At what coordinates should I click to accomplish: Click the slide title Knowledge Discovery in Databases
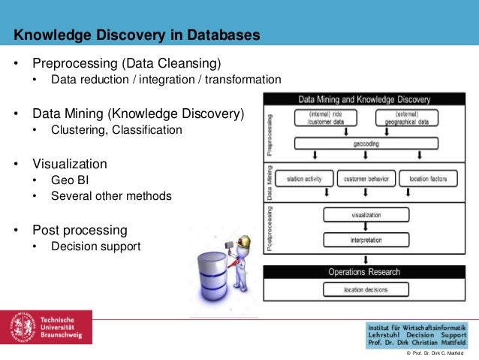[x=137, y=35]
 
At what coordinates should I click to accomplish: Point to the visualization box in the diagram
[x=366, y=214]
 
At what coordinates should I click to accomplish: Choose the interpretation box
[x=366, y=240]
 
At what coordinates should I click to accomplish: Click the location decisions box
[x=365, y=289]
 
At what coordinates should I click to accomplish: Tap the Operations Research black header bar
[x=365, y=272]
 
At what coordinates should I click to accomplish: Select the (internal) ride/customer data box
[x=324, y=117]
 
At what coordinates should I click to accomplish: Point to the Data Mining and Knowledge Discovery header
[x=364, y=98]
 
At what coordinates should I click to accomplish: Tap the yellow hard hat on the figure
[x=243, y=244]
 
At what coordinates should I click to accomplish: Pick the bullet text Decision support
[x=95, y=246]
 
